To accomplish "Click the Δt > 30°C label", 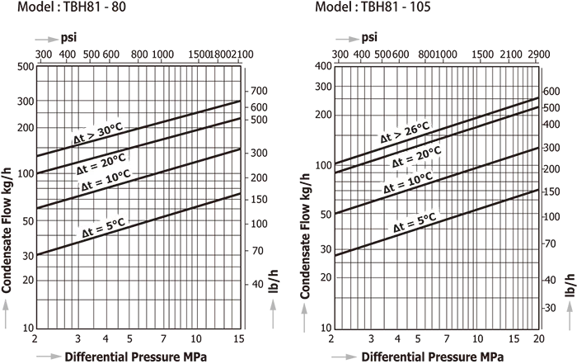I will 96,133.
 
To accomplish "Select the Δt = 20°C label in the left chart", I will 101,163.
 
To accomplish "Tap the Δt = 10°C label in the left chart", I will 106,180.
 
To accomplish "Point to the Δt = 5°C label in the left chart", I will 103,228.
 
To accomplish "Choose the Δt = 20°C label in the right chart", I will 415,157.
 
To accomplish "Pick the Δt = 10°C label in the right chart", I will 408,182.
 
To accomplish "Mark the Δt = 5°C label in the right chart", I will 415,222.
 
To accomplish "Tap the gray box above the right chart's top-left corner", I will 342,40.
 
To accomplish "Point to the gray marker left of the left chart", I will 3,305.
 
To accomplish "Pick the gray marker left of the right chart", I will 303,313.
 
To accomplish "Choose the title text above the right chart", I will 371,7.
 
